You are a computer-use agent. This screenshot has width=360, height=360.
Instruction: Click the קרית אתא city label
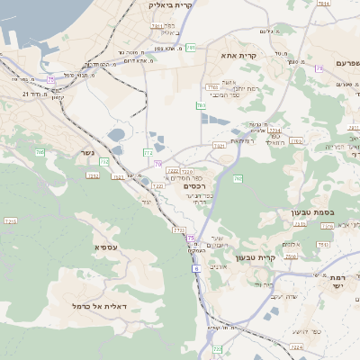coord(238,56)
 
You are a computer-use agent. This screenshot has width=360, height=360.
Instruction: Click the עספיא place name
coord(105,247)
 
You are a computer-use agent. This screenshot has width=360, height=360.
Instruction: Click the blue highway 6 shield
coord(195,268)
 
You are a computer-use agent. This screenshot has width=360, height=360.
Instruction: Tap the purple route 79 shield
coord(319,68)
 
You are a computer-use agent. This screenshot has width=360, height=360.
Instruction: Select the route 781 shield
coord(157,26)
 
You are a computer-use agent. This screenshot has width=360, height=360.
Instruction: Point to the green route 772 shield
coord(148,154)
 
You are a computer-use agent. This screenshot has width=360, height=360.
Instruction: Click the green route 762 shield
coord(238,179)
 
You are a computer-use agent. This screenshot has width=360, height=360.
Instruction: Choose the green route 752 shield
coord(104,162)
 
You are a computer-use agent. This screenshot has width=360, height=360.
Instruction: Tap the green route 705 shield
coord(40,153)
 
